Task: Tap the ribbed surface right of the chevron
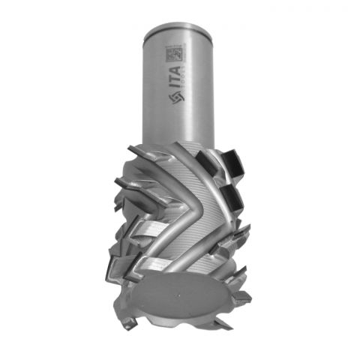click(x=214, y=225)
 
